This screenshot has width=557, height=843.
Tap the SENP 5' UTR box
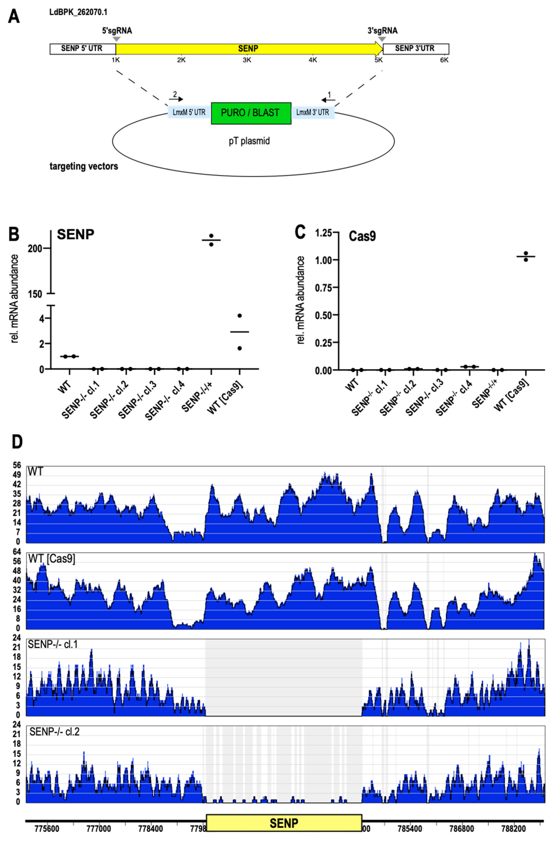pos(82,49)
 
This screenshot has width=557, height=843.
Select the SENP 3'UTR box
pos(416,49)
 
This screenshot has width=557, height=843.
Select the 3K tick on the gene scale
pos(247,60)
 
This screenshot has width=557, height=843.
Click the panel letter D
pos(17,442)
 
